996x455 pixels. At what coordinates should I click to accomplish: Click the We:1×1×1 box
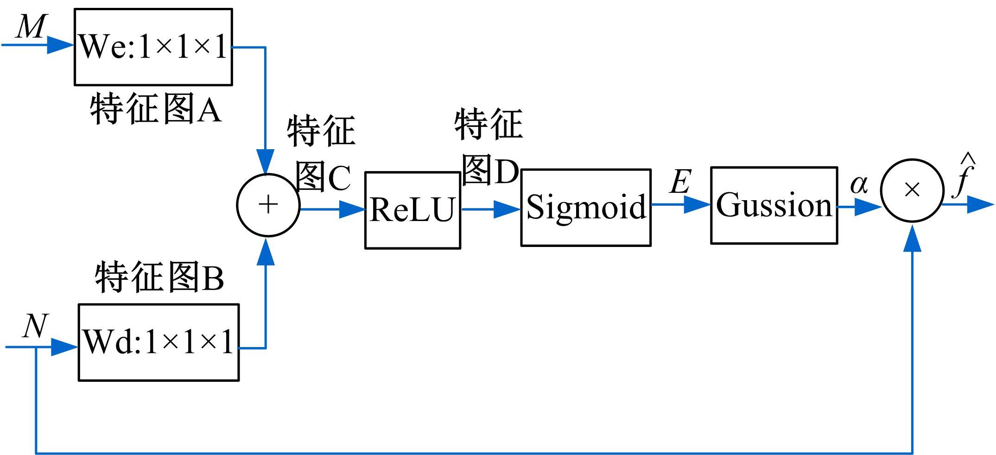pos(153,47)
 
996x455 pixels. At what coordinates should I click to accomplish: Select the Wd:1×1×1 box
pos(159,342)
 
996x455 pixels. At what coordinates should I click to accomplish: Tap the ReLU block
pos(412,210)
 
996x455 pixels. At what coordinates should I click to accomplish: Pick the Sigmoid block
pos(586,207)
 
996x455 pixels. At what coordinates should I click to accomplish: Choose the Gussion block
pos(774,205)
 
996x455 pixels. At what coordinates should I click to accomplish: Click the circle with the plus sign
pos(268,205)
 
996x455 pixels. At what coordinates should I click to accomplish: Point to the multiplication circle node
pos(912,190)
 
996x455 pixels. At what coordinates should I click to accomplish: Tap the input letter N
pos(35,326)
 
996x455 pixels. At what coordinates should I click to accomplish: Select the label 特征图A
pos(156,109)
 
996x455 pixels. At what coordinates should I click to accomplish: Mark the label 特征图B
pos(159,278)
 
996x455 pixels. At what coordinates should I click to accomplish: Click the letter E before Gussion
pos(680,182)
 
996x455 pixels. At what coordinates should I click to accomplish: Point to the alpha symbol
pos(858,185)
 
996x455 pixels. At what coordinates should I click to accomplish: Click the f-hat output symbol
pos(963,178)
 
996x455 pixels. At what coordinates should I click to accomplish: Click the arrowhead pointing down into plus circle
pos(266,162)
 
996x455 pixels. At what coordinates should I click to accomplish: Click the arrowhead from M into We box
pos(61,45)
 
